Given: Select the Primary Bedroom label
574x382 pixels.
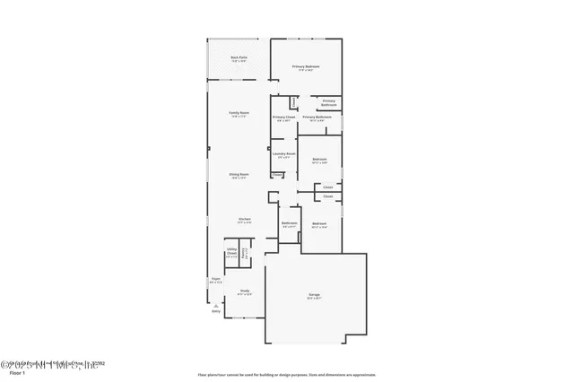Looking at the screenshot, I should pyautogui.click(x=307, y=68).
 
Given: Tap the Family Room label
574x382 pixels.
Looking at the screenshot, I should pyautogui.click(x=239, y=113).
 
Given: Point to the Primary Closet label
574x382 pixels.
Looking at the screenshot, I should pyautogui.click(x=284, y=118).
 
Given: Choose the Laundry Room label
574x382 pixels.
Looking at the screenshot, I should pyautogui.click(x=283, y=154).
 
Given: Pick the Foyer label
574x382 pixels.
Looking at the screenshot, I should pyautogui.click(x=214, y=280).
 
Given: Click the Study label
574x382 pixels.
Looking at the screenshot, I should pyautogui.click(x=244, y=291).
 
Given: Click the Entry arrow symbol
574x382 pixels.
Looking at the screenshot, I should pyautogui.click(x=215, y=304).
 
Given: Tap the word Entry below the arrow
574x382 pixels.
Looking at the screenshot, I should pyautogui.click(x=215, y=312).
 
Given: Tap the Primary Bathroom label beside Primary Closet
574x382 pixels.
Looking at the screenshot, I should pyautogui.click(x=317, y=118).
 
